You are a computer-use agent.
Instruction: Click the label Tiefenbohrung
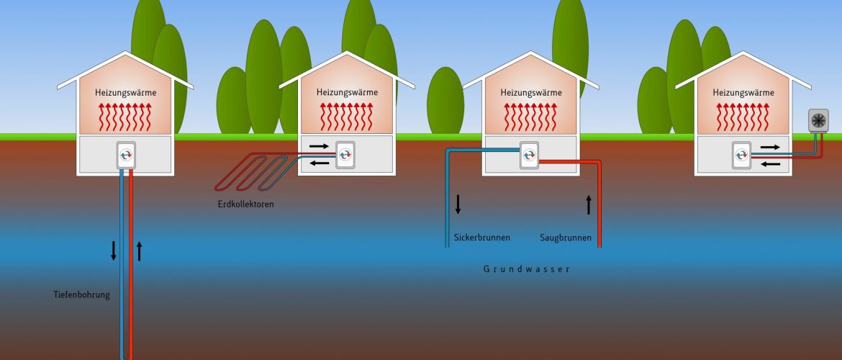pos(82,294)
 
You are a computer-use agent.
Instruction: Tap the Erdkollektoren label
pos(245,204)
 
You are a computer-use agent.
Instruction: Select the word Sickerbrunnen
pos(482,238)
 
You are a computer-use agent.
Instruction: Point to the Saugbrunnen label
pos(566,238)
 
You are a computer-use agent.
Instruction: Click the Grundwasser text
pos(526,269)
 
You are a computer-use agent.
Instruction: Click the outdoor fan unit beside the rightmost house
pos(818,120)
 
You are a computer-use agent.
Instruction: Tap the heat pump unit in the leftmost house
pos(127,155)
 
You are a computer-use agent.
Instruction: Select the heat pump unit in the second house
pos(346,154)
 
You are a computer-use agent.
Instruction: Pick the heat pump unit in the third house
pos(530,154)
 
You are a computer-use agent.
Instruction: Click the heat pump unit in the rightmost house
pos(742,154)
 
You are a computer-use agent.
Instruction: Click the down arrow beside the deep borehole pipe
pos(113,251)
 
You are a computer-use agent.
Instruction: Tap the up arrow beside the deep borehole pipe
pos(140,251)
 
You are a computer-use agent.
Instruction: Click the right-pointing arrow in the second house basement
pos(319,146)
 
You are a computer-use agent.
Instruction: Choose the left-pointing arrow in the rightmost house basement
pos(769,164)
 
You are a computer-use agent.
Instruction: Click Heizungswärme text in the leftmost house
pos(125,92)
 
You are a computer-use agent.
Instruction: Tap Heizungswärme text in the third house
pos(530,92)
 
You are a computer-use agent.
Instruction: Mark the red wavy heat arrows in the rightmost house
pos(743,116)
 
